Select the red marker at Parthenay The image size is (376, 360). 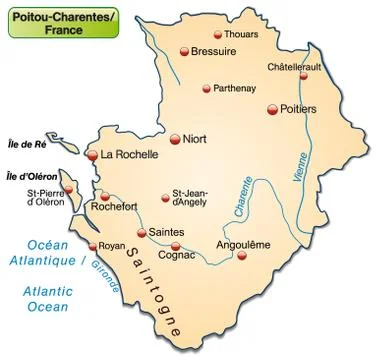coord(206,88)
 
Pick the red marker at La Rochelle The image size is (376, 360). coord(92,155)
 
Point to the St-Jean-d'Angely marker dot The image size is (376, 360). coord(166,198)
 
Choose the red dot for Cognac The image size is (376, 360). coord(176,246)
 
